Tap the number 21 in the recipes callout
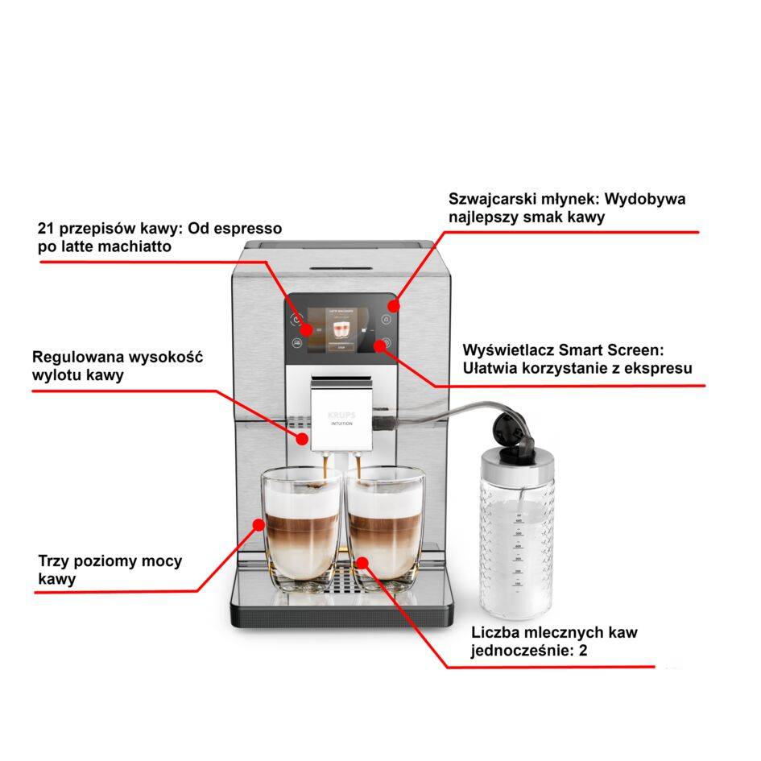tap(47, 229)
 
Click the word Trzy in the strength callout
tap(55, 561)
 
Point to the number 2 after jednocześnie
tap(582, 650)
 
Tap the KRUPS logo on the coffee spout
tap(341, 413)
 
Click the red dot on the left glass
tap(259, 524)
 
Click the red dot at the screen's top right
tap(393, 305)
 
